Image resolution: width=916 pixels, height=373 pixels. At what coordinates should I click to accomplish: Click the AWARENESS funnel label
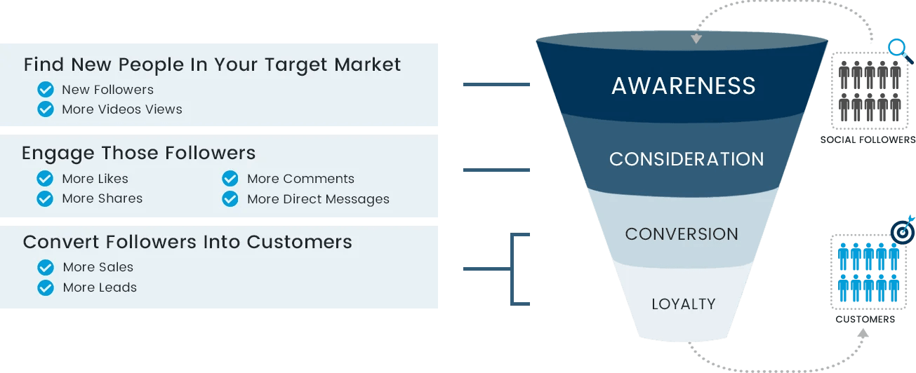tap(684, 86)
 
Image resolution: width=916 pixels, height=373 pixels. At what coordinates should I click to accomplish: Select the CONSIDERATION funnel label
tap(686, 159)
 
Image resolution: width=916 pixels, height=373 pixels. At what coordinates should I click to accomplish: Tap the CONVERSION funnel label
tap(682, 234)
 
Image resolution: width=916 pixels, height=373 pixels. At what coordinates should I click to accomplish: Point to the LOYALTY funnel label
tap(683, 304)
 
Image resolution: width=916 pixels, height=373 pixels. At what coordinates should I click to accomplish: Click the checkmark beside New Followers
tap(46, 90)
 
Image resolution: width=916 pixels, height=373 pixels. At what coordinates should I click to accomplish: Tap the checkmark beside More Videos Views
tap(46, 109)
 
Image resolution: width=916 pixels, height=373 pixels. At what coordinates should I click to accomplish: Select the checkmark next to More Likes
tap(46, 179)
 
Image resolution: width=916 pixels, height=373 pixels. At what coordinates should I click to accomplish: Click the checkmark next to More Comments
tap(230, 179)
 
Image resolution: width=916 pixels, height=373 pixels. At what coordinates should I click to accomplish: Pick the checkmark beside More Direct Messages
tap(230, 199)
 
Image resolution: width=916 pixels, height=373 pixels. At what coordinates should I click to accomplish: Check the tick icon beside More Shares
tap(46, 199)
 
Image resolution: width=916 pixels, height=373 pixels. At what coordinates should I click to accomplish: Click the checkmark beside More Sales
tap(46, 267)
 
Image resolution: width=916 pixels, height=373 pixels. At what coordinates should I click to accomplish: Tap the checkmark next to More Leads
tap(46, 287)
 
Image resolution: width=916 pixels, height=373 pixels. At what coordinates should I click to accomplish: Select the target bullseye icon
tap(901, 232)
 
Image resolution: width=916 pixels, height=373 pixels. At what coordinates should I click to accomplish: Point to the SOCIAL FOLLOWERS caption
tap(868, 140)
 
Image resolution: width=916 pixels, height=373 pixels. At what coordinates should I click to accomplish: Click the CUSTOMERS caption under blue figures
tap(865, 320)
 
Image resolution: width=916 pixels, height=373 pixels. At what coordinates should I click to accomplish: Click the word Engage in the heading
tap(58, 154)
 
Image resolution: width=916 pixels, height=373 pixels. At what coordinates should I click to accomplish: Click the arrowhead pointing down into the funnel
tap(696, 39)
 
